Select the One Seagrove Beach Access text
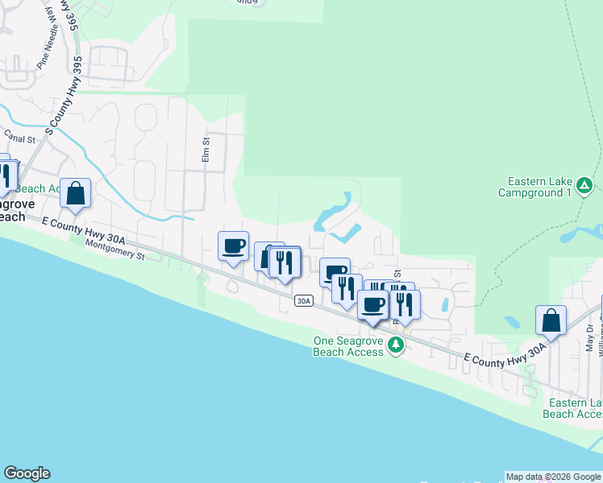pyautogui.click(x=349, y=346)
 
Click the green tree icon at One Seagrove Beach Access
pyautogui.click(x=395, y=345)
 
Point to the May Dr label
pyautogui.click(x=588, y=336)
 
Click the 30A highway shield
pyautogui.click(x=303, y=301)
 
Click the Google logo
pyautogui.click(x=27, y=473)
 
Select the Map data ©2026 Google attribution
pyautogui.click(x=553, y=477)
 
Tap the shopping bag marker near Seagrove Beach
pyautogui.click(x=75, y=193)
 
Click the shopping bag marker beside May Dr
pyautogui.click(x=551, y=320)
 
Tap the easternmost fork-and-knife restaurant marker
pyautogui.click(x=404, y=304)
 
